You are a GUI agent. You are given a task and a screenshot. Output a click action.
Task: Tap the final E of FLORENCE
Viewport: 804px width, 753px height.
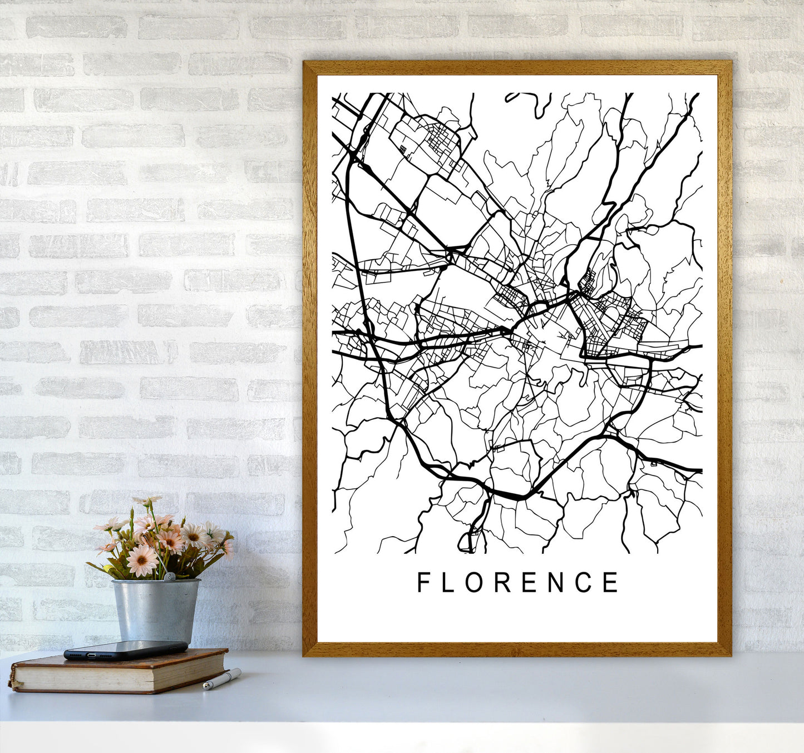(x=610, y=582)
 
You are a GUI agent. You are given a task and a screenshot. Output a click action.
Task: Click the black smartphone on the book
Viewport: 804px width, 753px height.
(x=126, y=650)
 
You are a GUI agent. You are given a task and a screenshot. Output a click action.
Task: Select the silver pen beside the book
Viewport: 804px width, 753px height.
(x=221, y=680)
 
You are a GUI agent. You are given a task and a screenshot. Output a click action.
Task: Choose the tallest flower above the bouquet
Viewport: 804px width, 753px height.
(x=146, y=501)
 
